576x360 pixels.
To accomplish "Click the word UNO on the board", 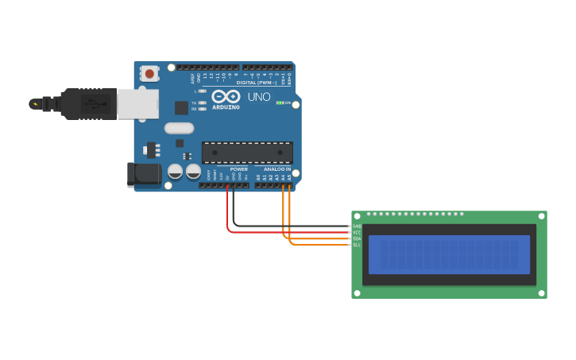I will tap(259, 97).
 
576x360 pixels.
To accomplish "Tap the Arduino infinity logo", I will tap(226, 96).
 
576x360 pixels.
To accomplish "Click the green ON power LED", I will tap(280, 103).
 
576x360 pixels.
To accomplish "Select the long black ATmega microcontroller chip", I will tap(247, 153).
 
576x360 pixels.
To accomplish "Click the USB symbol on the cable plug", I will tap(94, 103).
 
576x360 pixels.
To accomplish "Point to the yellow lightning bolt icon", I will tap(34, 104).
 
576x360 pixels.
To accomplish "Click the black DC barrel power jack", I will tap(143, 175).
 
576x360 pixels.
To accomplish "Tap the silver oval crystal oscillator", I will tap(179, 128).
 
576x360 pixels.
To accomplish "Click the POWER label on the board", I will tap(238, 169).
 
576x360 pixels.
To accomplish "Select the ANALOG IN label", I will tap(277, 169).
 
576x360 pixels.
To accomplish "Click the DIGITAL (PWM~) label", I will tap(257, 83).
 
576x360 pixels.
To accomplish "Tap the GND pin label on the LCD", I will tap(357, 226).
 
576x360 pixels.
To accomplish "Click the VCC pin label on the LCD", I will tap(357, 233).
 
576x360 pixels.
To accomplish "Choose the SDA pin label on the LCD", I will tap(357, 238).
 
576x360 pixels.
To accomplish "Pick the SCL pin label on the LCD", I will tap(357, 245).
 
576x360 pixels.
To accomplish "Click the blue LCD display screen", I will tap(449, 254).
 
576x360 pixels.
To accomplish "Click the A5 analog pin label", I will tap(289, 177).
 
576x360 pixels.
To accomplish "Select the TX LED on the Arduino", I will tap(202, 103).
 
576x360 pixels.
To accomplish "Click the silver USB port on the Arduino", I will tap(137, 104).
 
